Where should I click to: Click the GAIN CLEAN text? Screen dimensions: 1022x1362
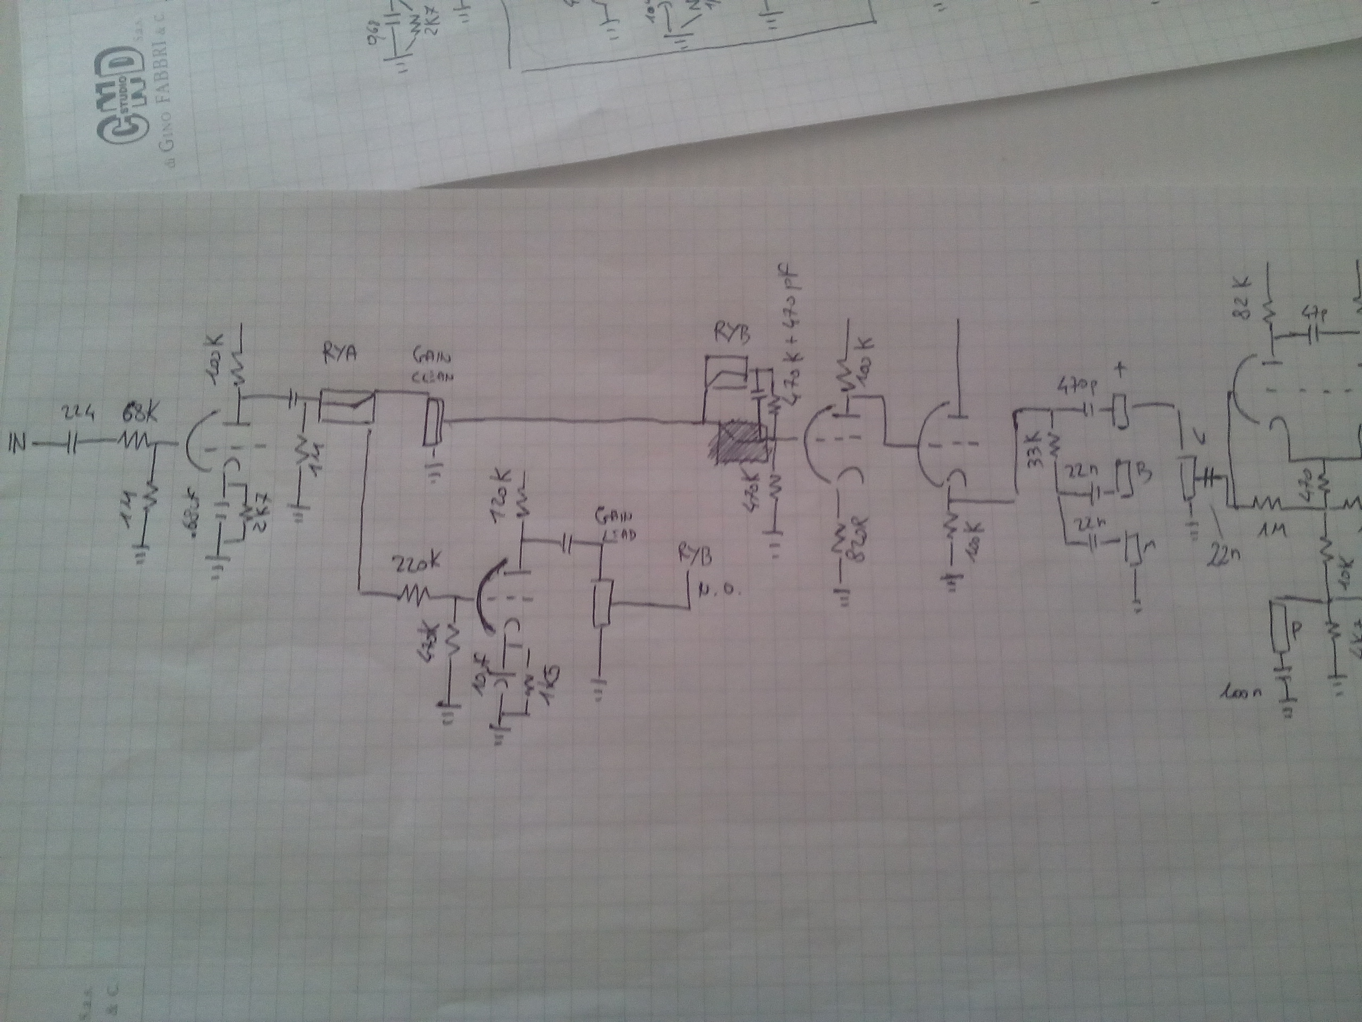coord(434,367)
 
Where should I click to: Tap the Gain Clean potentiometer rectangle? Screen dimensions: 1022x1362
coord(434,422)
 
